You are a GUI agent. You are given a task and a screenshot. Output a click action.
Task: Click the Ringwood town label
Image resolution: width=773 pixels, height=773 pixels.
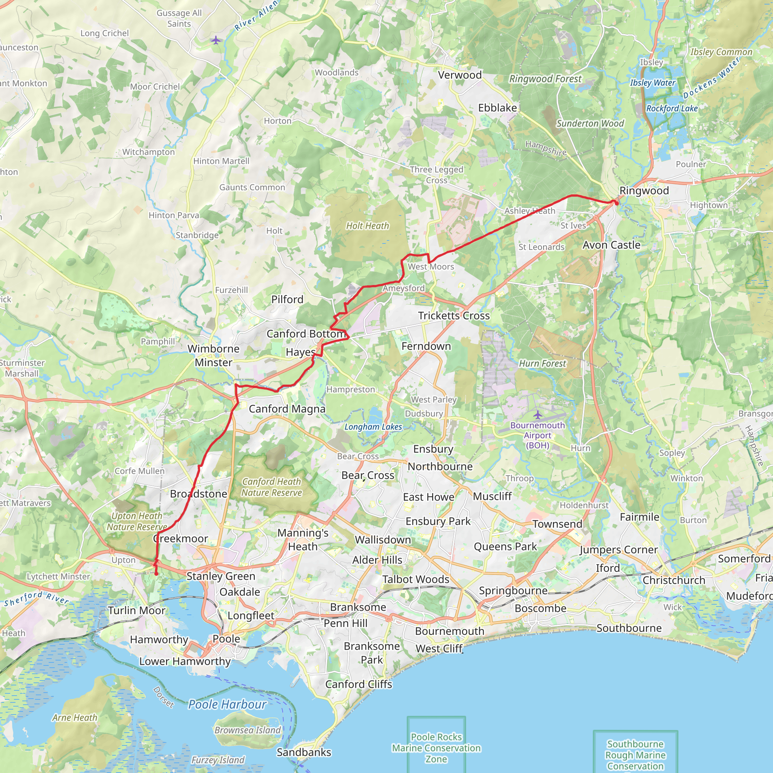pos(644,191)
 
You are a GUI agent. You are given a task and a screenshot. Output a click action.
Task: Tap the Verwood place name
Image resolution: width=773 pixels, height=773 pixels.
pos(459,75)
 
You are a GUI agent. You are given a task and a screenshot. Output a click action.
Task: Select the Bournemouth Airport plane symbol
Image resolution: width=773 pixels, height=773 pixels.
pos(537,414)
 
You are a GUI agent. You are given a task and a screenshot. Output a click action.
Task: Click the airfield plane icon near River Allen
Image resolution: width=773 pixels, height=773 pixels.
pos(216,40)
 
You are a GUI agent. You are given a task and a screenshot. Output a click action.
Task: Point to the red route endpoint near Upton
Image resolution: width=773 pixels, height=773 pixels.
pos(156,574)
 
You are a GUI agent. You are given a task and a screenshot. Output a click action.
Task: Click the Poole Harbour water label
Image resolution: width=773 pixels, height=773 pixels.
pos(227,704)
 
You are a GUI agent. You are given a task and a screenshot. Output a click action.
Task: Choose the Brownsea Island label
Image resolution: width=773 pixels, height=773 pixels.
pos(248,730)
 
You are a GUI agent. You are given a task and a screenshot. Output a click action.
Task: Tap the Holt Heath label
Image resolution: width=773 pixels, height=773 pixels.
pos(367,226)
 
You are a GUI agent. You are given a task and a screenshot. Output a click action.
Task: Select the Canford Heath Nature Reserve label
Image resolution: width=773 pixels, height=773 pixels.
pos(271,487)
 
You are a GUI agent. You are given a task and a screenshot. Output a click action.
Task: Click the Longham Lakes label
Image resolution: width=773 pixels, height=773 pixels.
pos(373,427)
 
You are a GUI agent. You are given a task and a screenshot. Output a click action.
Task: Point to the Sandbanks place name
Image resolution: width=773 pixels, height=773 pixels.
pos(304,752)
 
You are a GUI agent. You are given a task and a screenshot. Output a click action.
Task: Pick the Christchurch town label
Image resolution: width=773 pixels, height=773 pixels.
pos(674,580)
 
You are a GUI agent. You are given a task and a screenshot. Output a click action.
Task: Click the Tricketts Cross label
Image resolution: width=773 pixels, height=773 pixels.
pos(454,316)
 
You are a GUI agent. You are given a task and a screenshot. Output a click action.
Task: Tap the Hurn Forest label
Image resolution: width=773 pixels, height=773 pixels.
pos(542,363)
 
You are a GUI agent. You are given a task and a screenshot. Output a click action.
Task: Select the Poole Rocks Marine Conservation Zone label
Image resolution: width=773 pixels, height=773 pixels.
pos(436,748)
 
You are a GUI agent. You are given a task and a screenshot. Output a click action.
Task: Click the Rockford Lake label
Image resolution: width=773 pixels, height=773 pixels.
pos(672,108)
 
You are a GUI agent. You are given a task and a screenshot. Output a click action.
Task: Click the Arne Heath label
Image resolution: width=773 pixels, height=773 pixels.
pos(74,718)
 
